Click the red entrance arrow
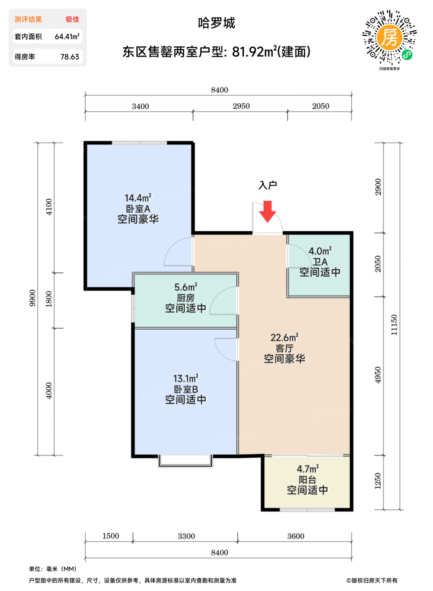coord(268,211)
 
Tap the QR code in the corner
coord(389,37)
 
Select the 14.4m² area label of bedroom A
coord(138,198)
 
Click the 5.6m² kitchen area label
coord(186,287)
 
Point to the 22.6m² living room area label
coord(285,337)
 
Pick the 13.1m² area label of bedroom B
coord(186,379)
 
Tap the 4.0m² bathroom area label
coord(320,251)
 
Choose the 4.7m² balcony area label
coord(307,468)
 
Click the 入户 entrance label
coord(268,185)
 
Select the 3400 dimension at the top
coord(140,106)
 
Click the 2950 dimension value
coord(241,106)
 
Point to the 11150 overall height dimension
coord(394,325)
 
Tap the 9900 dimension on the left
coord(32,298)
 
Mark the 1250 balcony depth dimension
coord(378,481)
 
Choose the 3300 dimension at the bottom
coord(186,536)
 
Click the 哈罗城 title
coord(216,23)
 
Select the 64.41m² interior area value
coord(67,36)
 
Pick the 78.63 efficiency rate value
coord(70,57)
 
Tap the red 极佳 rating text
coord(72,19)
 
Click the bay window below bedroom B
coord(185,461)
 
